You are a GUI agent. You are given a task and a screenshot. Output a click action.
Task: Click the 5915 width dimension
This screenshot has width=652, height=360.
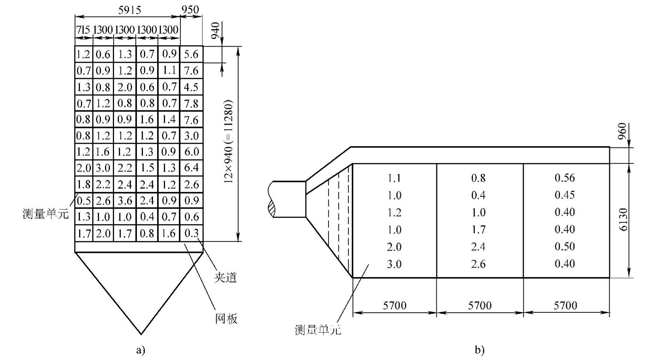click(x=129, y=9)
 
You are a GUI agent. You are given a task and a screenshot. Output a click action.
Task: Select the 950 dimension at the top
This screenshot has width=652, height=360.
click(x=191, y=9)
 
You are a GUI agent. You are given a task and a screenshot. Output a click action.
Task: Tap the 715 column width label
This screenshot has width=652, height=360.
click(x=83, y=30)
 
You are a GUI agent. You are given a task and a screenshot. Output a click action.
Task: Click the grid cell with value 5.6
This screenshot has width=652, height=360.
click(x=191, y=54)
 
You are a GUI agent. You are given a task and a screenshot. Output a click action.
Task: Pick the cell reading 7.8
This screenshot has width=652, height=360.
click(x=191, y=103)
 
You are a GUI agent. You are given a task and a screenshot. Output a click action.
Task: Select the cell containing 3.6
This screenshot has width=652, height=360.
click(x=125, y=200)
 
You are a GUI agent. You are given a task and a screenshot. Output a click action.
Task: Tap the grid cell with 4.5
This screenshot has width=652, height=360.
click(x=191, y=87)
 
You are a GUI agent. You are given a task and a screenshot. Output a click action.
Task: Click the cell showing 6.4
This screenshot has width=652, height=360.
click(x=191, y=168)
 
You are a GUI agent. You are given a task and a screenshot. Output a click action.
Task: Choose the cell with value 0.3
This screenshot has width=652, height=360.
click(x=191, y=233)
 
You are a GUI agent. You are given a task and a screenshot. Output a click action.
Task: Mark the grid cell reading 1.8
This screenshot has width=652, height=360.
click(x=84, y=184)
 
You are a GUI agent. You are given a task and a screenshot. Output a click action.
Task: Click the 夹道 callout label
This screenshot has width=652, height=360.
click(x=225, y=277)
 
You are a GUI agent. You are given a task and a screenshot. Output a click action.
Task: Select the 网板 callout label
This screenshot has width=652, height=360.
click(x=226, y=318)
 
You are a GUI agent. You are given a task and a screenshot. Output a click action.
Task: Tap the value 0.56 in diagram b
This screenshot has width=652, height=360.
click(x=565, y=178)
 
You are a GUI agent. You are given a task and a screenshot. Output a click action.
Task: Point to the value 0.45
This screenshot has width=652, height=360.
click(x=565, y=195)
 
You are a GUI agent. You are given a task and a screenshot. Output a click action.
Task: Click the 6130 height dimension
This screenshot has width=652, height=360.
click(x=623, y=220)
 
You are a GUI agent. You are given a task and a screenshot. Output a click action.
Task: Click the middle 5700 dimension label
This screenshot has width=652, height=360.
click(x=480, y=305)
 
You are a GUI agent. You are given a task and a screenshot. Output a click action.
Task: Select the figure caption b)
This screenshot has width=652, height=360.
click(x=479, y=350)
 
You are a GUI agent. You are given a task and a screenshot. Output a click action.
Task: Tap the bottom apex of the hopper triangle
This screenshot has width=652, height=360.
click(x=141, y=334)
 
